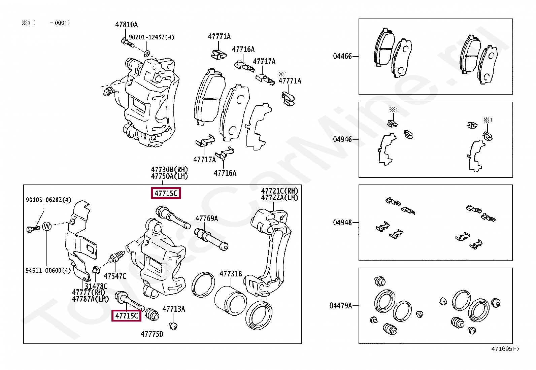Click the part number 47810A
coord(126,25)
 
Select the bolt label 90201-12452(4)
coord(151,37)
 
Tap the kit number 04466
coord(342,56)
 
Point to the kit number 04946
coord(342,139)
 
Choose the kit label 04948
coord(342,223)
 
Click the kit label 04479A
coord(340,306)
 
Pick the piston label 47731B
coord(231,274)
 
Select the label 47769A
coord(206,218)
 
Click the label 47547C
coord(115,276)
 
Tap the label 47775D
coord(152,334)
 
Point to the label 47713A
coord(174,309)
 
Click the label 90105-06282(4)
coord(48,200)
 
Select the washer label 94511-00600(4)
coord(48,270)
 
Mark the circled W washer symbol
coord(47,226)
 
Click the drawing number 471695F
coord(505,349)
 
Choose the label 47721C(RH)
coord(279,191)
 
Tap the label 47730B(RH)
coord(169,169)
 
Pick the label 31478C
coord(96,286)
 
